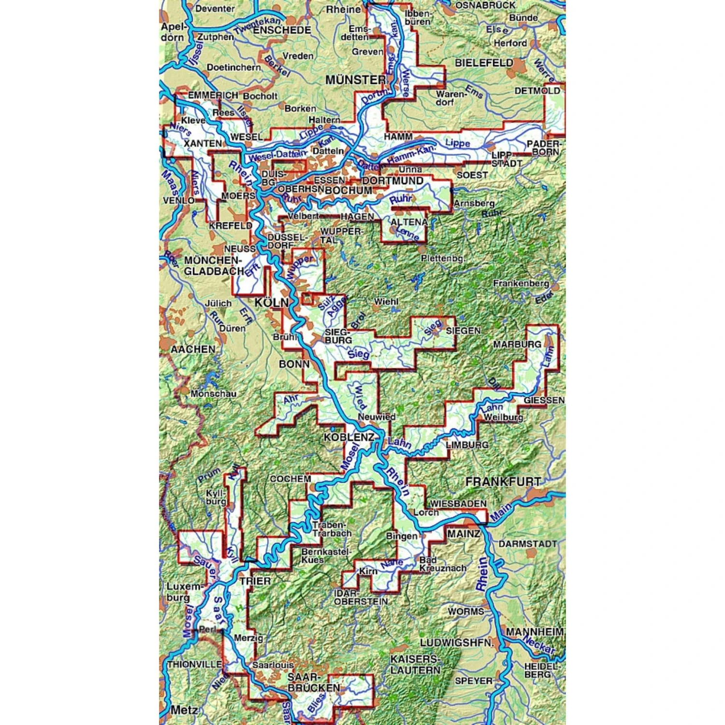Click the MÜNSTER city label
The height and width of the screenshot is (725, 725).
click(x=355, y=80)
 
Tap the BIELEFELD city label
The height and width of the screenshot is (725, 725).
click(x=484, y=63)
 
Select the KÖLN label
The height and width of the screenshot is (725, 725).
click(x=272, y=303)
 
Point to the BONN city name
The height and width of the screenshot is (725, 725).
click(x=294, y=364)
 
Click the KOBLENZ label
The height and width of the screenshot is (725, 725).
click(x=348, y=437)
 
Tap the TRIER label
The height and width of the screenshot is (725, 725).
click(x=255, y=580)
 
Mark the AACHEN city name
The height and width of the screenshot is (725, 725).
click(x=193, y=349)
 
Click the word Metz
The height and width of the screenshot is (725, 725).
click(x=184, y=710)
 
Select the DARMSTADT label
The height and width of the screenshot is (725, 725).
click(x=528, y=544)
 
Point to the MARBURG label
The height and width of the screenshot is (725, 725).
click(x=517, y=344)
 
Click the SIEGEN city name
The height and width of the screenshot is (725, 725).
click(x=463, y=331)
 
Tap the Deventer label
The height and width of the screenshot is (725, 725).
click(x=215, y=9)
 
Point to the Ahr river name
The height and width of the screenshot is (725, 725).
click(x=291, y=400)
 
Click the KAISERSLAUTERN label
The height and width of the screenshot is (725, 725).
click(x=415, y=665)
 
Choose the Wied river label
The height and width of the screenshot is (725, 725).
click(x=361, y=397)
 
